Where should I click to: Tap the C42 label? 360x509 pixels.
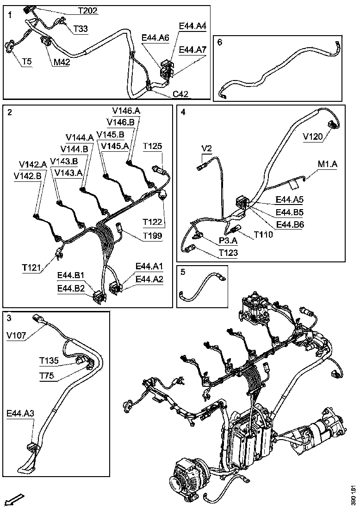pos(180,94)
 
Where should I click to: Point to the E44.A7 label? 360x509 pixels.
pos(192,50)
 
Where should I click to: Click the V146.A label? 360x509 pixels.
pos(126,111)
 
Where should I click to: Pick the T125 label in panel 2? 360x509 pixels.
pos(152,146)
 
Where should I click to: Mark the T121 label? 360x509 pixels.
pos(31,267)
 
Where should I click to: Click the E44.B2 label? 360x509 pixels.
pos(71,288)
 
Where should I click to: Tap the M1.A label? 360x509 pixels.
pos(328,164)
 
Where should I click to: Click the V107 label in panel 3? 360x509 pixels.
pos(17,335)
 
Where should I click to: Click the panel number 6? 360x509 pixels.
pos(220,42)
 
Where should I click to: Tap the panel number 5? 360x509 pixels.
pos(183,272)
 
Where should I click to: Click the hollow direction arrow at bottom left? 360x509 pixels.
pos(14,500)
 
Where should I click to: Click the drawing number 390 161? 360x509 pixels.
pos(353,495)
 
